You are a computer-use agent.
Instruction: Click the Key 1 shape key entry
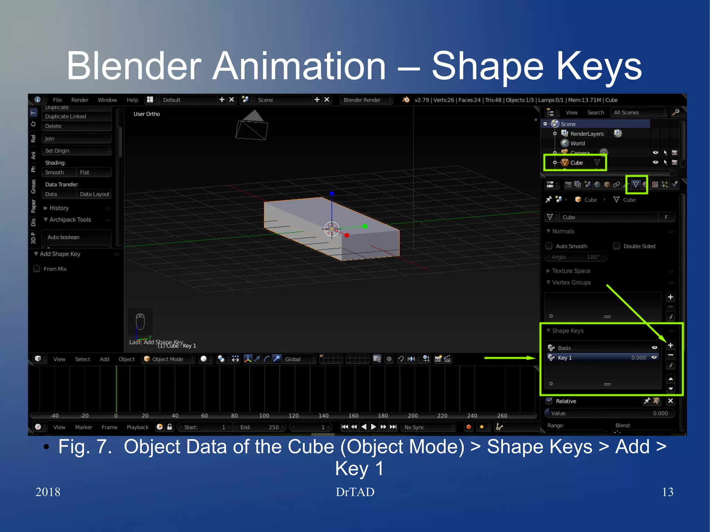click(x=589, y=358)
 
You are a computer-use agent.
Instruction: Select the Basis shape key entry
click(x=589, y=348)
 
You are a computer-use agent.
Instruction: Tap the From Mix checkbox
click(x=37, y=269)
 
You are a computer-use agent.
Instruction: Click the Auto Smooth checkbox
click(x=549, y=246)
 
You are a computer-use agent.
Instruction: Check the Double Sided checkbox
click(x=616, y=246)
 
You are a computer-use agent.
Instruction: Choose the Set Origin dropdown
click(x=76, y=151)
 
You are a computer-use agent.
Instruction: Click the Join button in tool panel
click(x=76, y=139)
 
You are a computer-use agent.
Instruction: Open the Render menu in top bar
click(x=80, y=100)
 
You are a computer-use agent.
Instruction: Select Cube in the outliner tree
click(x=577, y=163)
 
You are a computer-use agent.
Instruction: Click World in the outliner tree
click(x=577, y=143)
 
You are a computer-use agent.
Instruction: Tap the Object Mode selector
click(x=168, y=359)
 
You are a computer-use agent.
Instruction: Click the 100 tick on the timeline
click(x=264, y=416)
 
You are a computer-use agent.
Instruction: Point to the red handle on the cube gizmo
click(x=347, y=235)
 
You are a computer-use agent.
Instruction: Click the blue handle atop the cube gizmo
click(x=332, y=194)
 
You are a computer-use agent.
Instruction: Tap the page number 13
click(x=667, y=492)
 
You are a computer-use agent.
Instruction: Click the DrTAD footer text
click(x=355, y=492)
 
